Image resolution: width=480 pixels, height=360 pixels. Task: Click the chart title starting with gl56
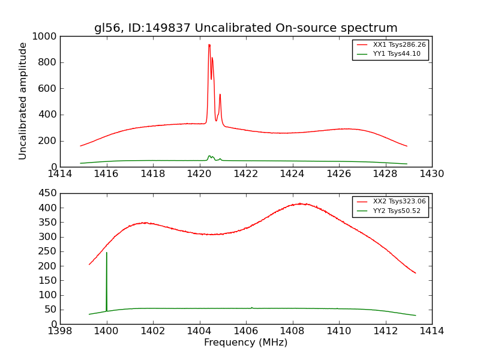pos(245,28)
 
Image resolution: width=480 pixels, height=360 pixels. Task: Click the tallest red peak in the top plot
pos(209,45)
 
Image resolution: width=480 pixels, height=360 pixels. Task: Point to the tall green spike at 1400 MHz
pos(107,253)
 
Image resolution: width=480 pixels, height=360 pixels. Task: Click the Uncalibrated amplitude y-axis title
pos(23,101)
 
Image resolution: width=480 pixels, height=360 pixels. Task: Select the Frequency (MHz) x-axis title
pos(245,343)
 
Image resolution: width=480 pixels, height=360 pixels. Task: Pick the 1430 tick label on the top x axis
pos(431,174)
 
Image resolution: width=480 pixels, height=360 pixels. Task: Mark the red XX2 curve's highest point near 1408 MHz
pos(304,204)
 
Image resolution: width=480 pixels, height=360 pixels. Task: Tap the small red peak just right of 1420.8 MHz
pos(220,95)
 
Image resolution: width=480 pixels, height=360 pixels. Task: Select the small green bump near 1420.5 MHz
pos(209,156)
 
